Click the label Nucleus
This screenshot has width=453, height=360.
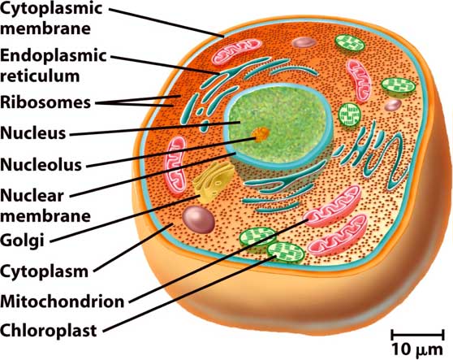click(x=33, y=133)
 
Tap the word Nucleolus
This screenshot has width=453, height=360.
click(x=41, y=164)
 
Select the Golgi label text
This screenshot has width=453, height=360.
click(x=22, y=241)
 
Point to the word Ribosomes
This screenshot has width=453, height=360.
click(x=45, y=102)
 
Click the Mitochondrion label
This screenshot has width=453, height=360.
click(x=63, y=301)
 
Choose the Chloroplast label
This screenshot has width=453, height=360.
click(x=48, y=331)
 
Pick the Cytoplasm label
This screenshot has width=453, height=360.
click(x=44, y=271)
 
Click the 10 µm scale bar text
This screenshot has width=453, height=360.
click(x=417, y=349)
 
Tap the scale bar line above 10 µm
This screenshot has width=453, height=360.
click(x=417, y=336)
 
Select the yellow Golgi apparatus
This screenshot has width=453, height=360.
click(x=214, y=181)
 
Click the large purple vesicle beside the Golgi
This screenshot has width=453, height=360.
click(x=198, y=219)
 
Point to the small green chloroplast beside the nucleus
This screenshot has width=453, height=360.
click(x=350, y=115)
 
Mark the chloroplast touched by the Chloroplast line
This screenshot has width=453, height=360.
click(x=286, y=254)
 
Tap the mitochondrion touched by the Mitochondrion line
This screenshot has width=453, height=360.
click(x=332, y=206)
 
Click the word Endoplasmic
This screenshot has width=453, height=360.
click(x=54, y=55)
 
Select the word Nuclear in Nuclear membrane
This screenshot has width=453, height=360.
click(x=32, y=196)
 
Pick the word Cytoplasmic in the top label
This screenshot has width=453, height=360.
click(x=51, y=8)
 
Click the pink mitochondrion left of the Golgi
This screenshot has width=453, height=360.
click(x=175, y=165)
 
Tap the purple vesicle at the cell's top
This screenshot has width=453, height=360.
click(x=304, y=42)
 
